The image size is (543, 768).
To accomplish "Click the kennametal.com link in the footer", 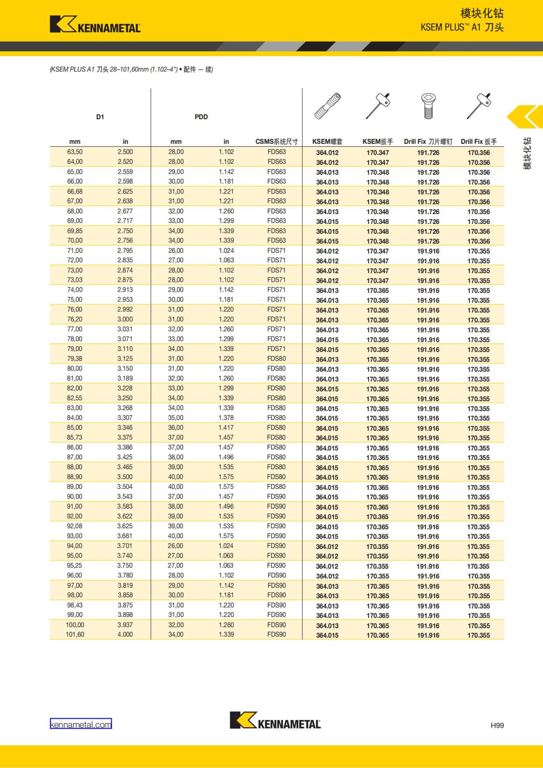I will (x=81, y=724).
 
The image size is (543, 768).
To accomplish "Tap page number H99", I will (x=497, y=725).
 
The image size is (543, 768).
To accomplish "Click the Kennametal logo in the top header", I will (x=95, y=24).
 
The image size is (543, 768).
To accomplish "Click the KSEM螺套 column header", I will (x=327, y=142).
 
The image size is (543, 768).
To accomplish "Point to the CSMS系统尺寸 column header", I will (x=276, y=142).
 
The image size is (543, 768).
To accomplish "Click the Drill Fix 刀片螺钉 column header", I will (x=428, y=142).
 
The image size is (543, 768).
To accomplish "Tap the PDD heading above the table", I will (x=201, y=117).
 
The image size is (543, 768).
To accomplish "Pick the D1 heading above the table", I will (x=100, y=117).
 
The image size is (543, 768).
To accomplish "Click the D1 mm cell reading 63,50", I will (x=75, y=152).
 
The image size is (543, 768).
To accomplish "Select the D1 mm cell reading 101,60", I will (x=75, y=635).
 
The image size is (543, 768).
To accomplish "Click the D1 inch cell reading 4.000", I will (x=125, y=635).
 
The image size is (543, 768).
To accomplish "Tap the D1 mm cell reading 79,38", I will (x=75, y=359).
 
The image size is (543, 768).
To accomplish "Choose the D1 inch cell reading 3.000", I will (x=125, y=319).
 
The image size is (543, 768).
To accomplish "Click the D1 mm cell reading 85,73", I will (x=75, y=437).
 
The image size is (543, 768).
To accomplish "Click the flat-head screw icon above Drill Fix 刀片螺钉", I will (x=428, y=106).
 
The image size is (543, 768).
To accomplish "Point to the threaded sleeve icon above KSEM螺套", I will (x=328, y=106).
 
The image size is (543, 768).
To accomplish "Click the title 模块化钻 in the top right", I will (x=481, y=14).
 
